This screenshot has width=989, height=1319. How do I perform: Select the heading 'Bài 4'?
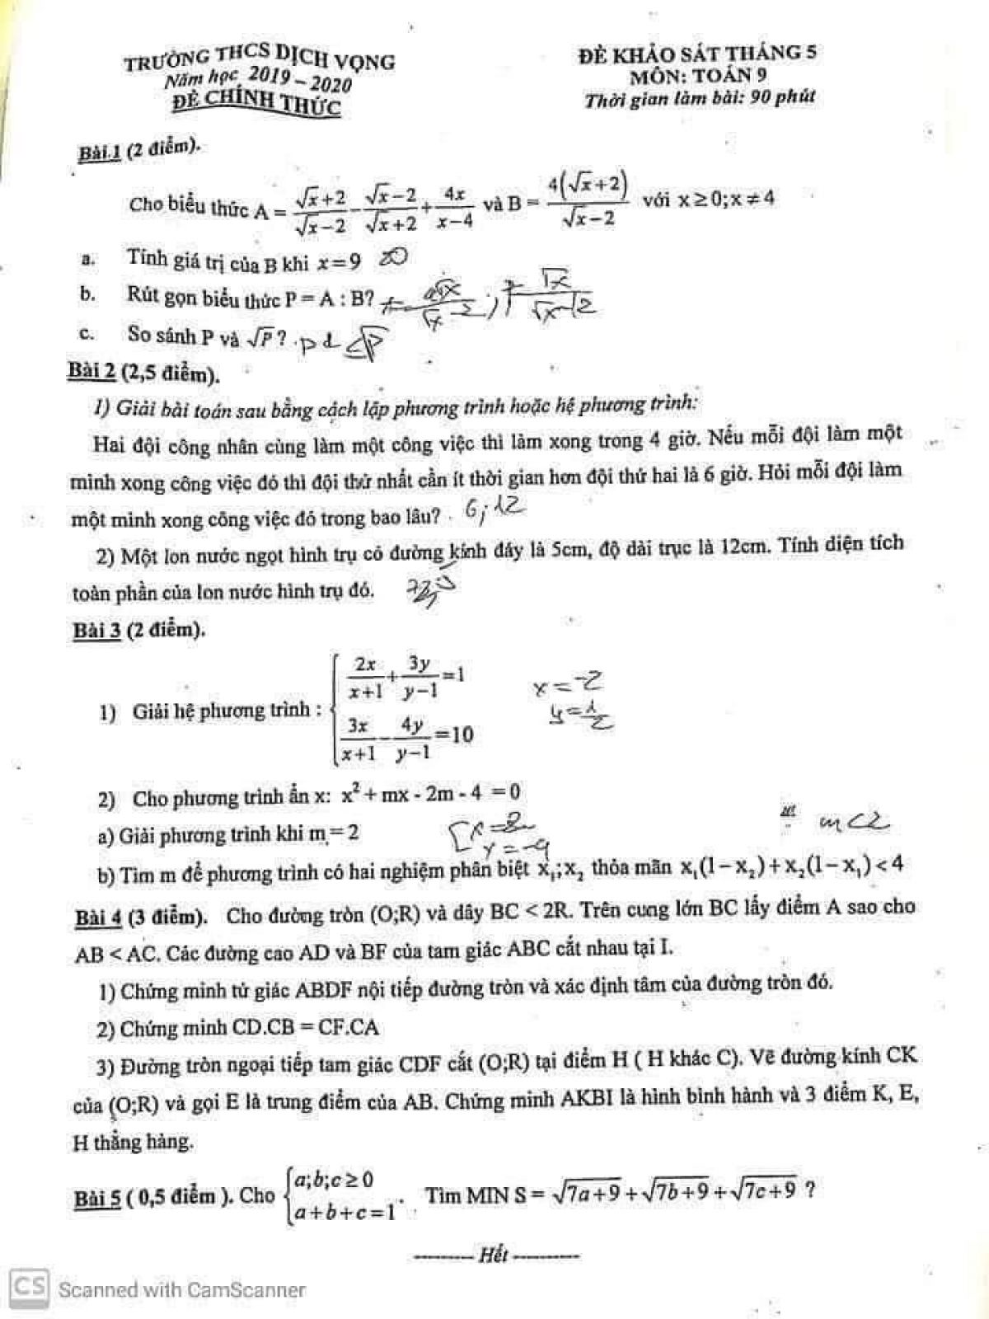coord(98,918)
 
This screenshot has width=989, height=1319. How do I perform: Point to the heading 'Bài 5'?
coord(97,1198)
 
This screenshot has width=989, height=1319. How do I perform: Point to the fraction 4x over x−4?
coord(454,207)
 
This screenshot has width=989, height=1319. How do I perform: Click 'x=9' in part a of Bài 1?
coord(340,262)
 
